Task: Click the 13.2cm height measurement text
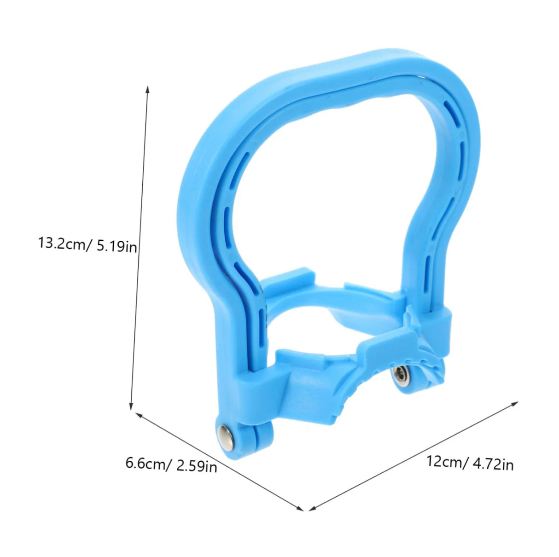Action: (x=65, y=244)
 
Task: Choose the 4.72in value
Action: (x=493, y=464)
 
